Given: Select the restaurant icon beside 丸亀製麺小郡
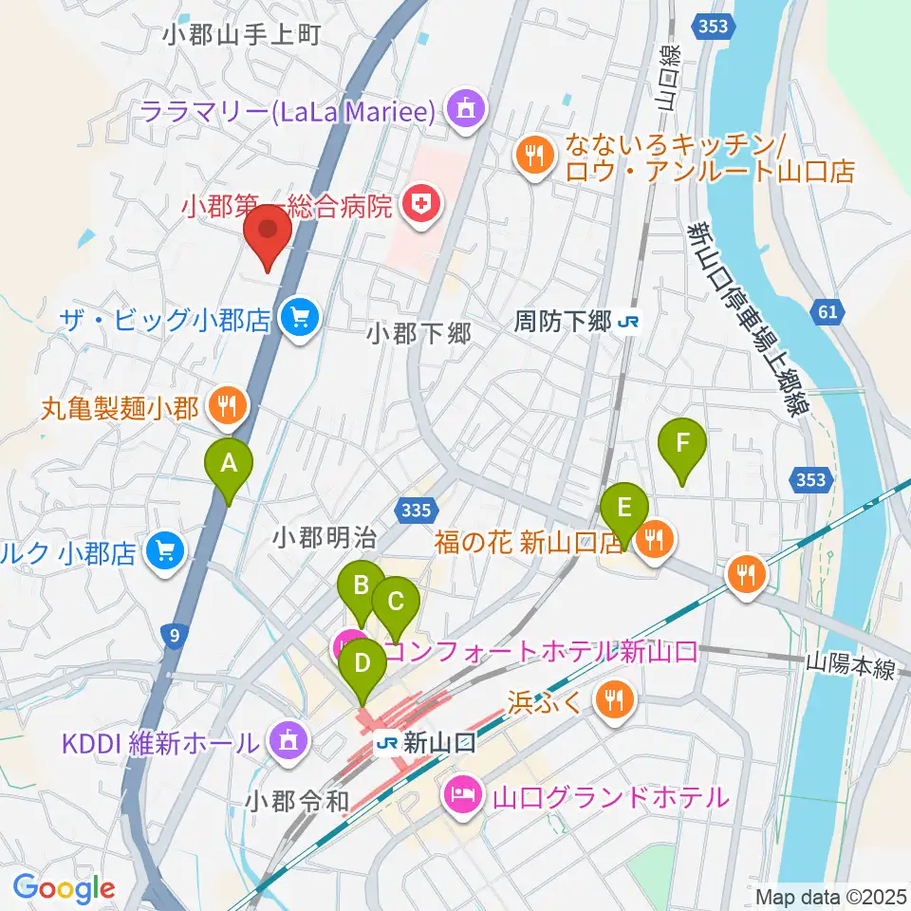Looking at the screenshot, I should (226, 407).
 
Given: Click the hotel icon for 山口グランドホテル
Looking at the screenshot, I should (462, 794).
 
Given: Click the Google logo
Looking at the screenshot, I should (64, 889).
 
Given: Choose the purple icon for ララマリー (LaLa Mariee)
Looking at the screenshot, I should (465, 111).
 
